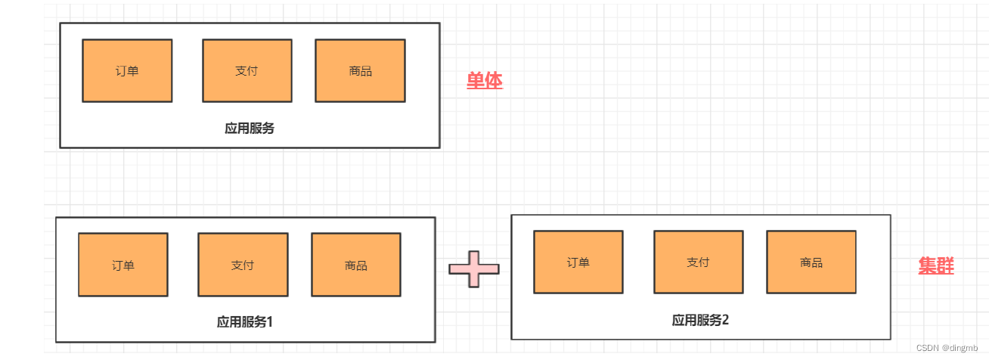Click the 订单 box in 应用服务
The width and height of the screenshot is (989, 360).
pyautogui.click(x=127, y=70)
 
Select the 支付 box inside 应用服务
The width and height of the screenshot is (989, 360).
pyautogui.click(x=247, y=70)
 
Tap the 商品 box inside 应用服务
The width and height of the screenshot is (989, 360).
pyautogui.click(x=360, y=70)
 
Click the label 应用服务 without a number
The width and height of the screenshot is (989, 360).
pyautogui.click(x=250, y=129)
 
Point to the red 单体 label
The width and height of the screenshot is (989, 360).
pyautogui.click(x=485, y=81)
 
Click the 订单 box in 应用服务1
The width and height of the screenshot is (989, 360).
pyautogui.click(x=123, y=265)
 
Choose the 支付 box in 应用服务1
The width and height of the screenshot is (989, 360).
pyautogui.click(x=243, y=265)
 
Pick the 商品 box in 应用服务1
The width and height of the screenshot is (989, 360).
pyautogui.click(x=356, y=265)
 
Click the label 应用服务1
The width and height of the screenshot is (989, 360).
pyautogui.click(x=244, y=322)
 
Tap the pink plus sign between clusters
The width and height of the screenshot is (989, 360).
pyautogui.click(x=474, y=268)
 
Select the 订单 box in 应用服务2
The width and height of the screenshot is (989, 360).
pyautogui.click(x=578, y=262)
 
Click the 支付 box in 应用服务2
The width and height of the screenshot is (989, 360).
pyautogui.click(x=698, y=262)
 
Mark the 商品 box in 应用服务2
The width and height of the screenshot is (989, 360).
pyautogui.click(x=811, y=262)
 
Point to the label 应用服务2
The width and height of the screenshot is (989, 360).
pyautogui.click(x=700, y=320)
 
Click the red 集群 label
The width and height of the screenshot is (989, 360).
pyautogui.click(x=936, y=266)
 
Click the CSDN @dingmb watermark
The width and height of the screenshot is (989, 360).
pyautogui.click(x=947, y=348)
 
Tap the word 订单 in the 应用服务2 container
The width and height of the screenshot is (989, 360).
pyautogui.click(x=578, y=262)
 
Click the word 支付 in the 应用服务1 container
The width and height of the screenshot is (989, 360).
pyautogui.click(x=243, y=265)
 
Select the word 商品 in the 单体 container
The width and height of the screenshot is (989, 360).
pyautogui.click(x=360, y=71)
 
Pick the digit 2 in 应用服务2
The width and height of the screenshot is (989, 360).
pyautogui.click(x=726, y=320)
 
